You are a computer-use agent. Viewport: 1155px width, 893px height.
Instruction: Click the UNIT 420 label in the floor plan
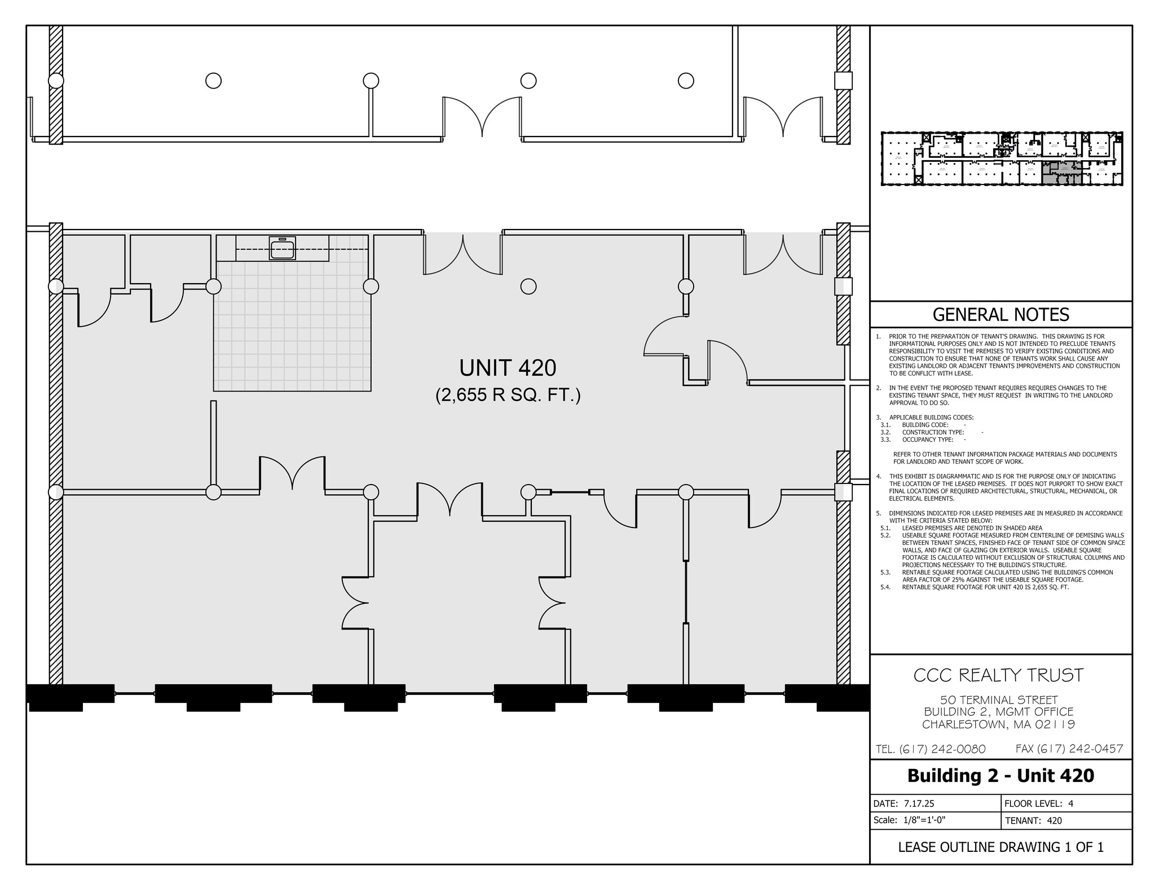[508, 368]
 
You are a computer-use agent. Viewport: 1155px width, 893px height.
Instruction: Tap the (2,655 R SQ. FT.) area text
[508, 395]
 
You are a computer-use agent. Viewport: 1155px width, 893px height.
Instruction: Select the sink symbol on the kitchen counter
[282, 248]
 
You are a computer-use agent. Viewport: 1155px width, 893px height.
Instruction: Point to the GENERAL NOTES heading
[1000, 314]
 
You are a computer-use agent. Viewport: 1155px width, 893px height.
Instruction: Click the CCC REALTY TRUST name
[998, 675]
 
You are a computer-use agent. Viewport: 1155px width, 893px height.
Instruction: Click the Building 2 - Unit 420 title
[1000, 776]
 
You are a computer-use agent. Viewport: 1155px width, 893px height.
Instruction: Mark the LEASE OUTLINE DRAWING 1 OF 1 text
[1000, 847]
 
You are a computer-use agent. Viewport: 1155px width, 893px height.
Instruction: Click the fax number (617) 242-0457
[1069, 749]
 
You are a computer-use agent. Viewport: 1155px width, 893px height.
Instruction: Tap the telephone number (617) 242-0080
[931, 749]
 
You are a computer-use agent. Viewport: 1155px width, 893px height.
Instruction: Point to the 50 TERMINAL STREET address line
[998, 700]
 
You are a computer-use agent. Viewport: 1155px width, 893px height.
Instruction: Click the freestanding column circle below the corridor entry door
[528, 287]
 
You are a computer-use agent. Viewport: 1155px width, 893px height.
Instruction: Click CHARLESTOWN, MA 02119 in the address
[998, 724]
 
